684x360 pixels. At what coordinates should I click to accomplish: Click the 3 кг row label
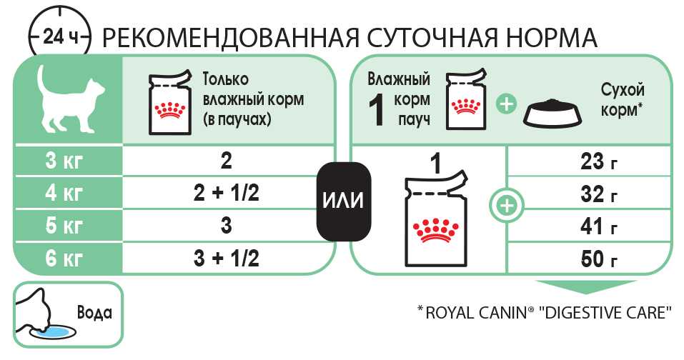coord(64,161)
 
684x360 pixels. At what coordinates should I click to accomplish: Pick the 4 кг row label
coord(64,193)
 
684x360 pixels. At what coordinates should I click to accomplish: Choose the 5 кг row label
coord(64,225)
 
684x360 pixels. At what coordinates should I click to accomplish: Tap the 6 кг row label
coord(64,257)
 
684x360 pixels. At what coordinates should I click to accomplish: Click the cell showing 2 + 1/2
coord(226,193)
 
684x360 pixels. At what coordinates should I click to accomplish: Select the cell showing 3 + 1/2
coord(226,257)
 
